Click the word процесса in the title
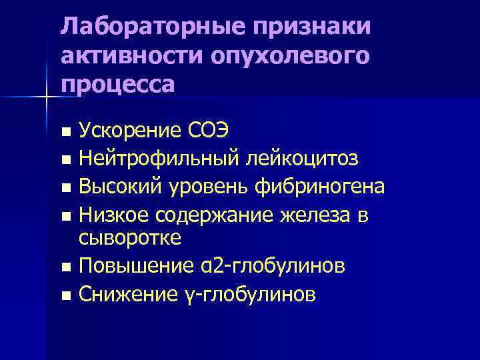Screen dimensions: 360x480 pos(118,85)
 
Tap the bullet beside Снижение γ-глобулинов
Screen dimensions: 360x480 pos(65,295)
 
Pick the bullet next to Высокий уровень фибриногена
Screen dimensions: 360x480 pos(65,188)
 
